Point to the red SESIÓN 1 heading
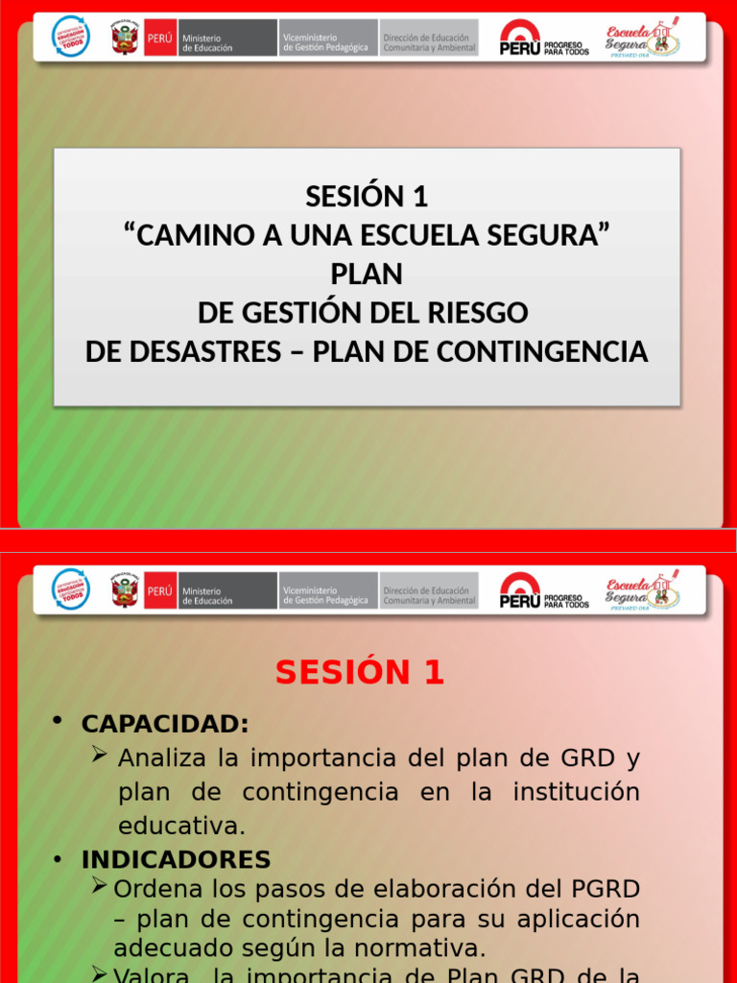360,673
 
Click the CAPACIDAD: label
165,723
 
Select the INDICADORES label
176,859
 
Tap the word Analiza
162,758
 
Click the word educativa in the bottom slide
181,826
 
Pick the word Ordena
152,889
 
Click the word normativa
423,949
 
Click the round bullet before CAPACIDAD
59,722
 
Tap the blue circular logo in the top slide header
70,36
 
